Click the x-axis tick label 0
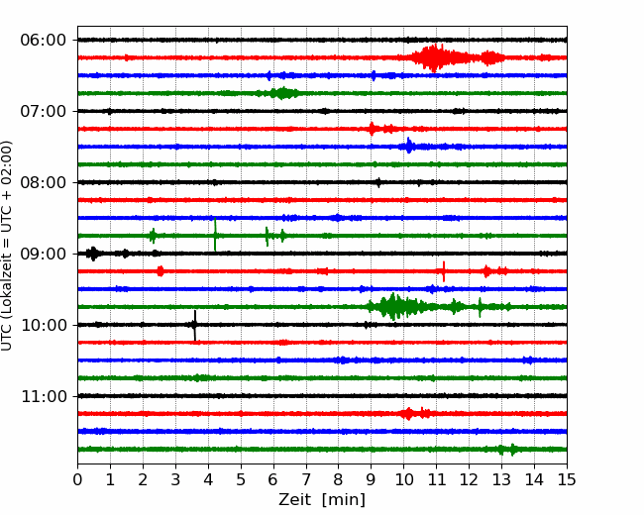point(78,480)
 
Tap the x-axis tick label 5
point(241,480)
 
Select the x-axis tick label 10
point(403,480)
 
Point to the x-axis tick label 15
point(566,480)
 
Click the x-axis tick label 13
point(501,480)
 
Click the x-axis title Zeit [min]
point(321,500)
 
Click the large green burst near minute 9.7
point(393,306)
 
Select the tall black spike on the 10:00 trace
point(195,325)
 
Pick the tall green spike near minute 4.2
point(215,236)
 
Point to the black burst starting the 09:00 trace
point(92,254)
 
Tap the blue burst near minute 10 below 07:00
point(408,147)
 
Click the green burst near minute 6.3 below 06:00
point(283,93)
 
